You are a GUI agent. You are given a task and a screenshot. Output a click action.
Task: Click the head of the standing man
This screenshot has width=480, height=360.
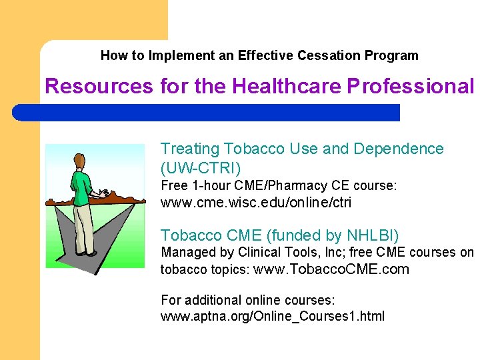(79, 161)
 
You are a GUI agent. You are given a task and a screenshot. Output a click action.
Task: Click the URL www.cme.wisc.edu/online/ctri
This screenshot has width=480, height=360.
(255, 203)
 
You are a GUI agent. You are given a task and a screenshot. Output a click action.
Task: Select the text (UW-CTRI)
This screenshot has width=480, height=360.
(201, 167)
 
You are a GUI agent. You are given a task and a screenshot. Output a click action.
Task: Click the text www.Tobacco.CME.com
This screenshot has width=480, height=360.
(331, 270)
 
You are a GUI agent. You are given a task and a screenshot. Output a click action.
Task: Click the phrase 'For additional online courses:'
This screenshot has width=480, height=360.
(247, 299)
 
